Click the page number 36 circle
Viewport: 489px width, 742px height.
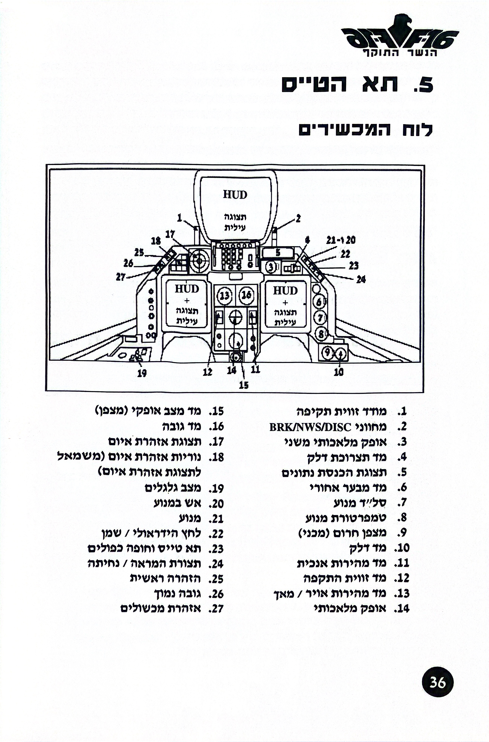tap(438, 683)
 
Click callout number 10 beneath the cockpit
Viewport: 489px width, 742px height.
tap(339, 372)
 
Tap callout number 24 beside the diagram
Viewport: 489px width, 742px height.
tap(361, 279)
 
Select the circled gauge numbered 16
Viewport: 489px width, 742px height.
tap(246, 295)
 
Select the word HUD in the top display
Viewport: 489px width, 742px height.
tap(235, 195)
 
